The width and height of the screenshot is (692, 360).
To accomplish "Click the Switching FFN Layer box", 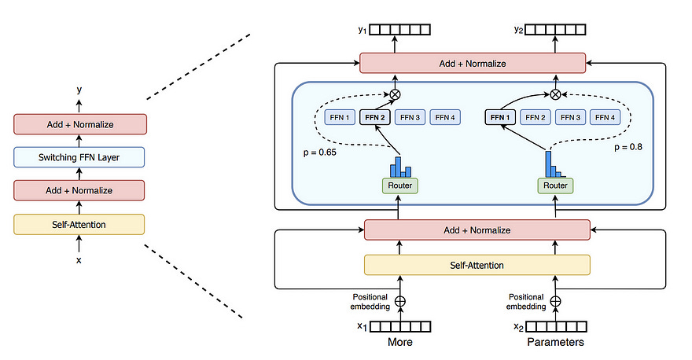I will [x=79, y=157].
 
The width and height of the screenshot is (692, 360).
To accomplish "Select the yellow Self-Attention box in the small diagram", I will [x=79, y=225].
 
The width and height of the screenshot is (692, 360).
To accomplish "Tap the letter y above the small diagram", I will [x=79, y=90].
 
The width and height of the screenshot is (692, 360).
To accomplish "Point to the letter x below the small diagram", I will [x=79, y=259].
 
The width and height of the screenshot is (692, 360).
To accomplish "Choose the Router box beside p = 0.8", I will [x=555, y=186].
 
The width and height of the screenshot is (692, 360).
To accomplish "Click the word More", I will [x=399, y=343].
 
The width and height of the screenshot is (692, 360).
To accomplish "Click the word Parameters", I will [x=554, y=343].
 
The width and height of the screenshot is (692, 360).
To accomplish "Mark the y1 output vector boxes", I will [x=400, y=31].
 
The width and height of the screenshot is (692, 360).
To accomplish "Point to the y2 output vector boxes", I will [x=555, y=31].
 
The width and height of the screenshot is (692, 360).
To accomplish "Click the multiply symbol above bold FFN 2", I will [x=395, y=94].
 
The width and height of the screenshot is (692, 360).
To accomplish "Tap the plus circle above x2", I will [x=555, y=300].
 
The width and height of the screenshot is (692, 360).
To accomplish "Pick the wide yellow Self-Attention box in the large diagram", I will [x=477, y=265].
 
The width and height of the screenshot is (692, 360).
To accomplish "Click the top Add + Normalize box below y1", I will [x=472, y=63].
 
